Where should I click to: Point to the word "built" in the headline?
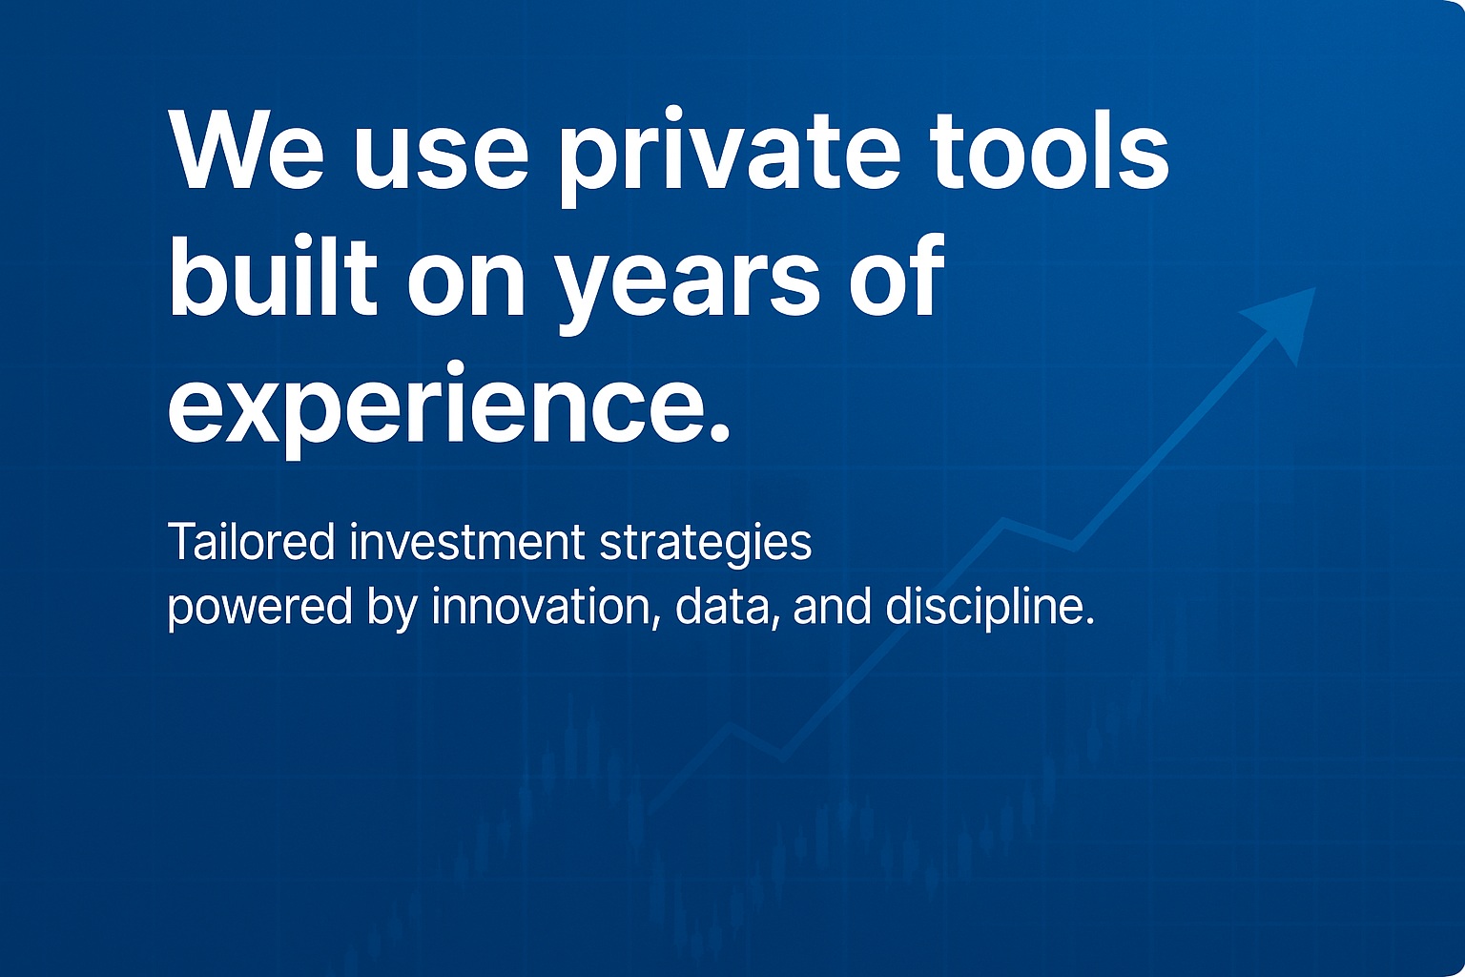[274, 276]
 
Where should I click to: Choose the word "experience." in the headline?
[448, 409]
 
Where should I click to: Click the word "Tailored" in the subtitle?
[252, 543]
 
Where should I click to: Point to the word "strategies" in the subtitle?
[705, 546]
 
